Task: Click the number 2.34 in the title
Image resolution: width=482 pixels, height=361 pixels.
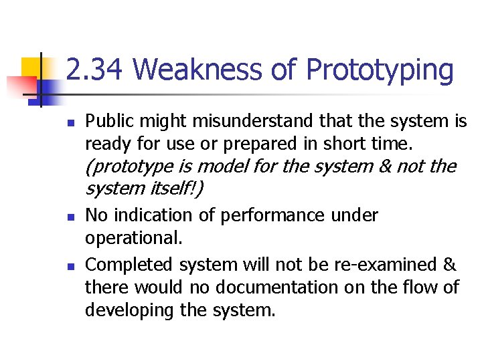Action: click(95, 70)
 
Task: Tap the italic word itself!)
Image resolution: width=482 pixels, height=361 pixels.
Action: click(175, 189)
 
